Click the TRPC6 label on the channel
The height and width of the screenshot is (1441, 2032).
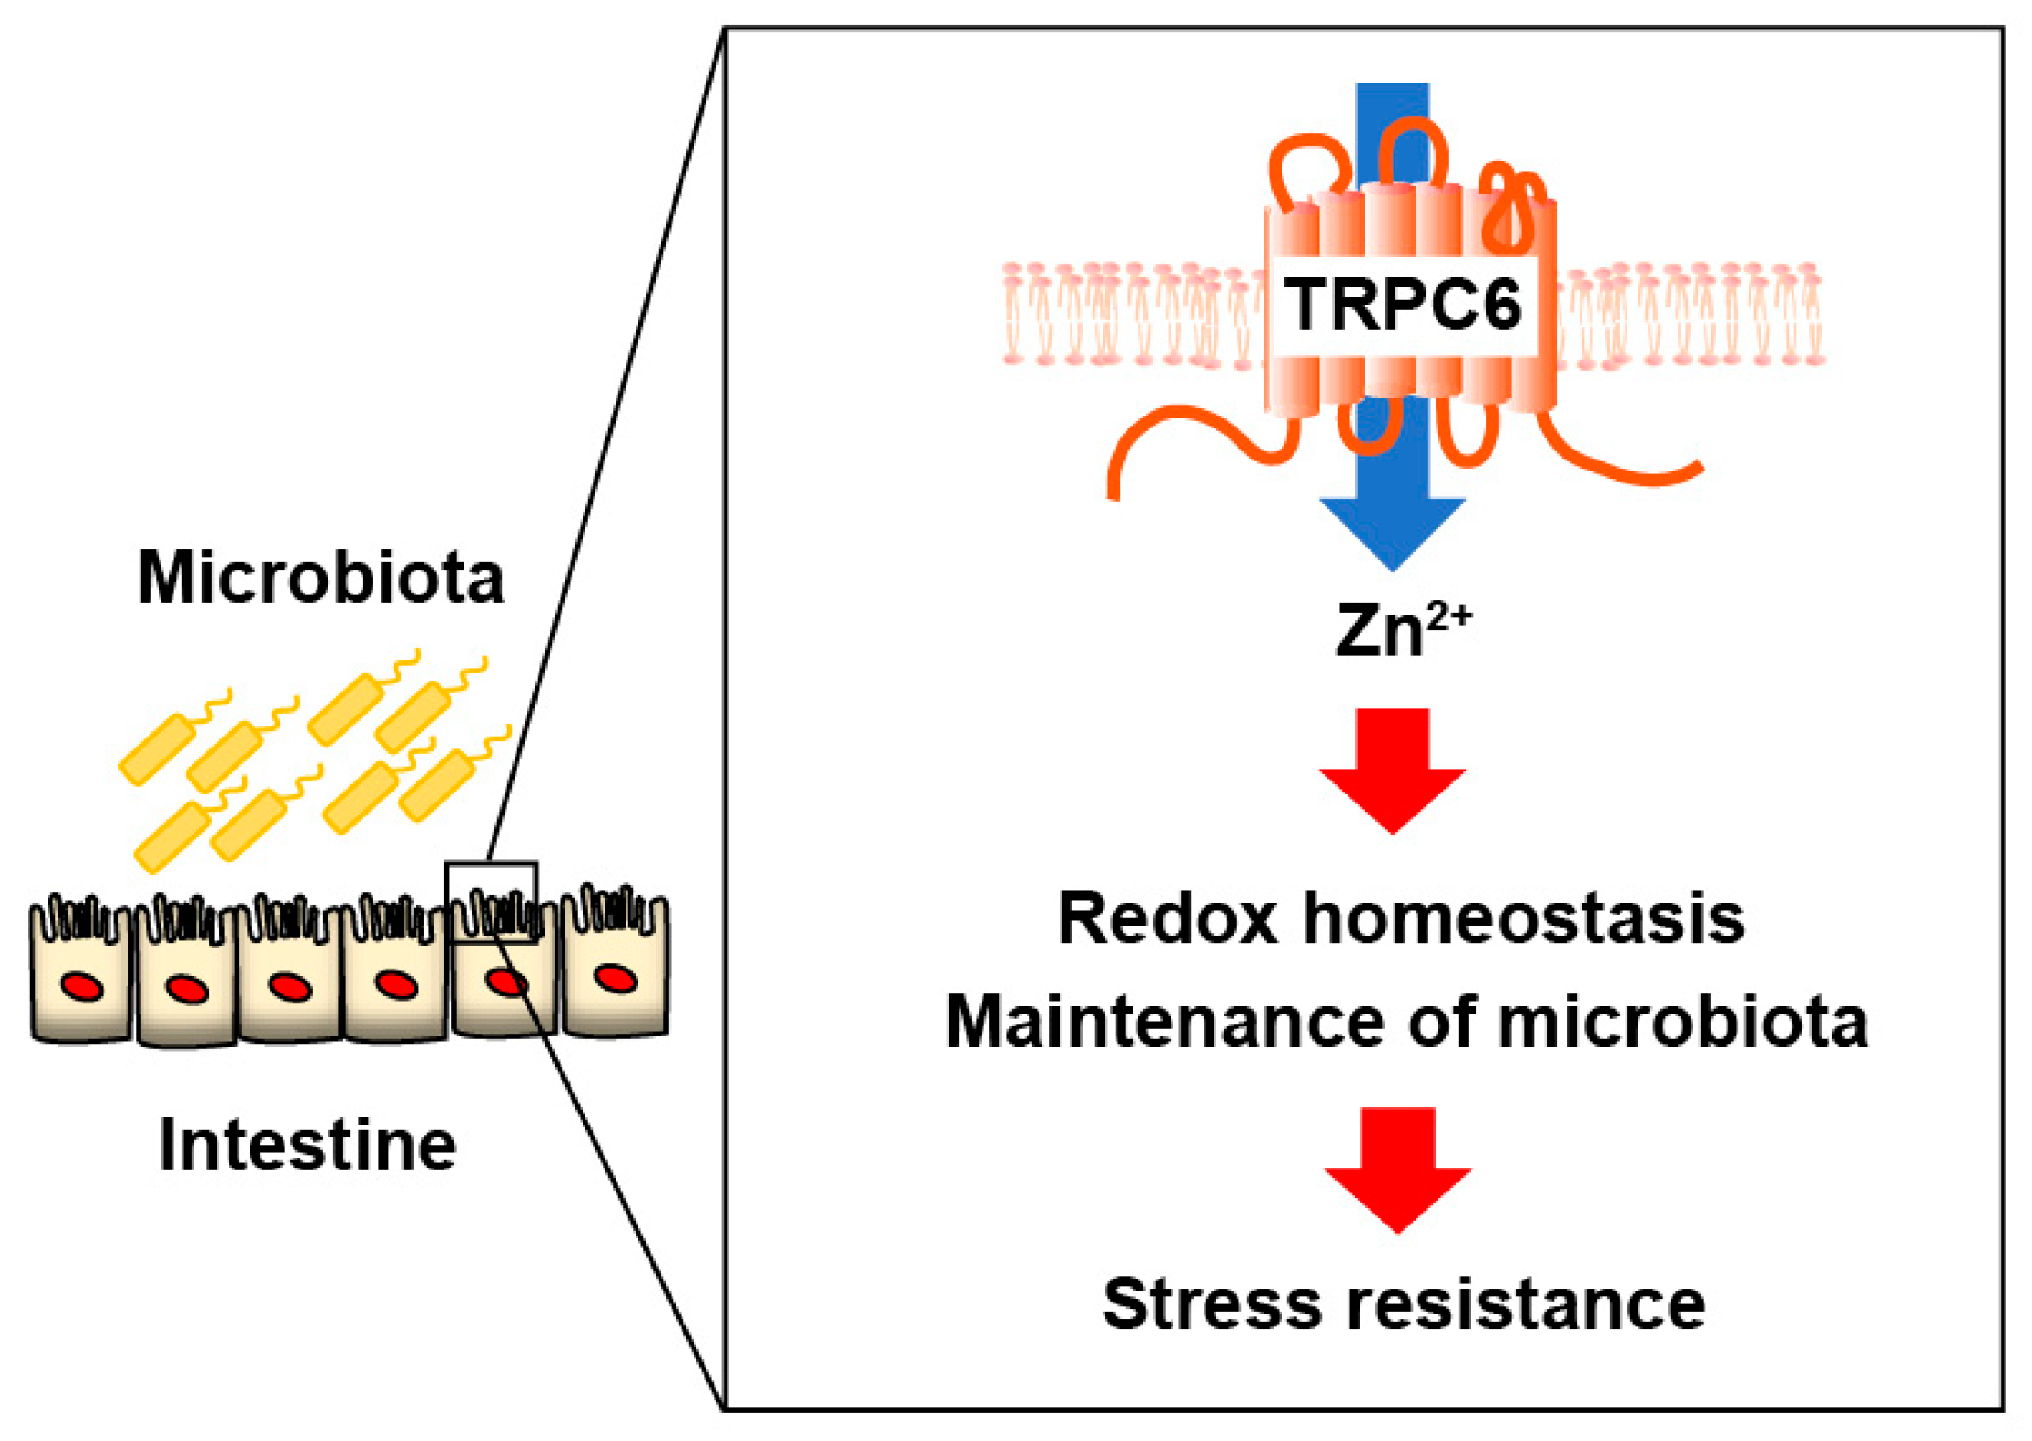tap(1403, 305)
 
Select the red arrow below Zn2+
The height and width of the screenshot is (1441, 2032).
tap(1393, 769)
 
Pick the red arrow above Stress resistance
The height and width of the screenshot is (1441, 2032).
tap(1397, 1168)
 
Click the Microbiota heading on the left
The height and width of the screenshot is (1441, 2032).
tap(321, 578)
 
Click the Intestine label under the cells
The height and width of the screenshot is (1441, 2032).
tap(307, 1146)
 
